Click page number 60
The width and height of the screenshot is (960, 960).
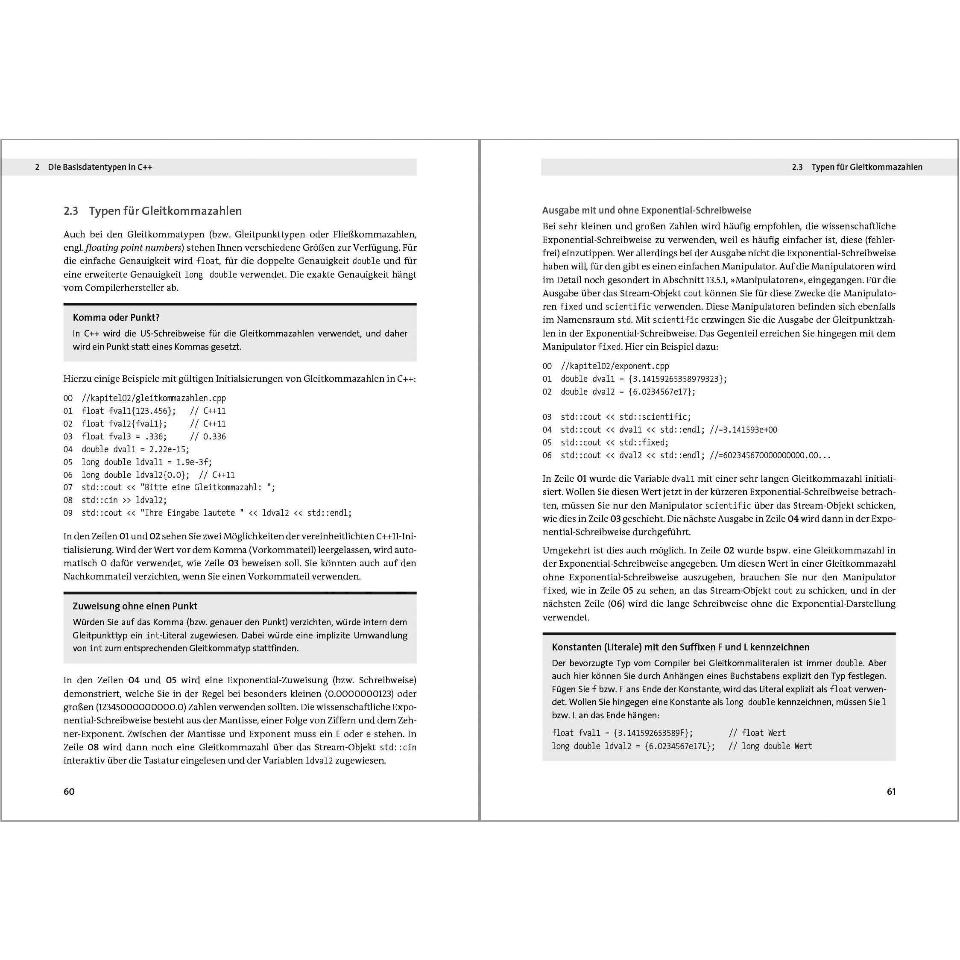click(69, 792)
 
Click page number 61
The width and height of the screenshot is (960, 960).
click(891, 792)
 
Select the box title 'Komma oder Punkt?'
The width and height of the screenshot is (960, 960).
click(116, 318)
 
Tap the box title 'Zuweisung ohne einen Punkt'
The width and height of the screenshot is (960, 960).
click(135, 606)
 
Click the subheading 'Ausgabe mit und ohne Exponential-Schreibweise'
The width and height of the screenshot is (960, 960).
click(647, 210)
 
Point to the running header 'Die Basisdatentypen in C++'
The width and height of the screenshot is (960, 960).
click(100, 167)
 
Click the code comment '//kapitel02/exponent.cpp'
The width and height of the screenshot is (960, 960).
click(615, 366)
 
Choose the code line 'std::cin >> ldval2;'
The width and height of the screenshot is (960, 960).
click(124, 500)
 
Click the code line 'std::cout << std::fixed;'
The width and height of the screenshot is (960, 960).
click(615, 442)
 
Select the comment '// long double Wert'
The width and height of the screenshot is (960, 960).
click(770, 746)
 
